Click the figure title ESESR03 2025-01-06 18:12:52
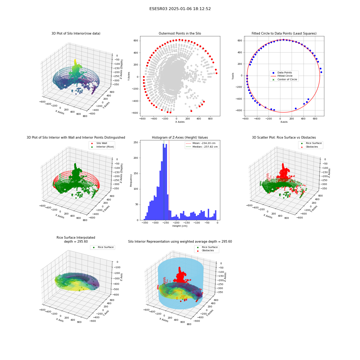[180, 9]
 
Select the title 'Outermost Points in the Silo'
[180, 33]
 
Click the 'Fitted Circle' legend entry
[285, 76]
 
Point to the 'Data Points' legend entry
[284, 73]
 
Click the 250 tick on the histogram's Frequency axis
[136, 142]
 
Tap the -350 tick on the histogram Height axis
[145, 223]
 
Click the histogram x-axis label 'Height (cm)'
[180, 226]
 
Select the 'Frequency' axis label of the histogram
[131, 180]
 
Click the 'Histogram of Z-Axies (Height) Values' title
[180, 138]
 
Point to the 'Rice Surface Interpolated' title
[76, 238]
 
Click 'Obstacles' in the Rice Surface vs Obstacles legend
[312, 147]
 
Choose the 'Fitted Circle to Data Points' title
[284, 33]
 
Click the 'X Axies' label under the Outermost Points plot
[180, 122]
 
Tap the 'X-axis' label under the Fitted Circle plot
[284, 122]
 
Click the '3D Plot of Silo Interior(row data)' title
[76, 33]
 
